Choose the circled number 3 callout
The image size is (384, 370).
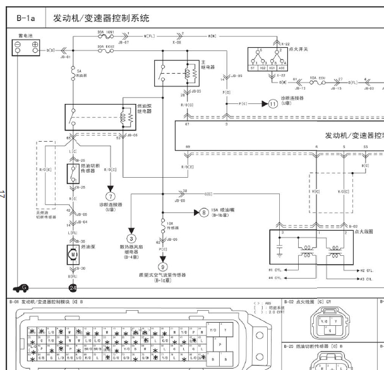coord(132,238)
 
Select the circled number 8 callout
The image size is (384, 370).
coord(203,213)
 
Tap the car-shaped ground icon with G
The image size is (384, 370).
coord(21,287)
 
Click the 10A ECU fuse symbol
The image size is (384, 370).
coord(315,81)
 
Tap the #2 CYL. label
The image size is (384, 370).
coord(366,269)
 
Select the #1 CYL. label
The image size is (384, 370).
coord(282,269)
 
